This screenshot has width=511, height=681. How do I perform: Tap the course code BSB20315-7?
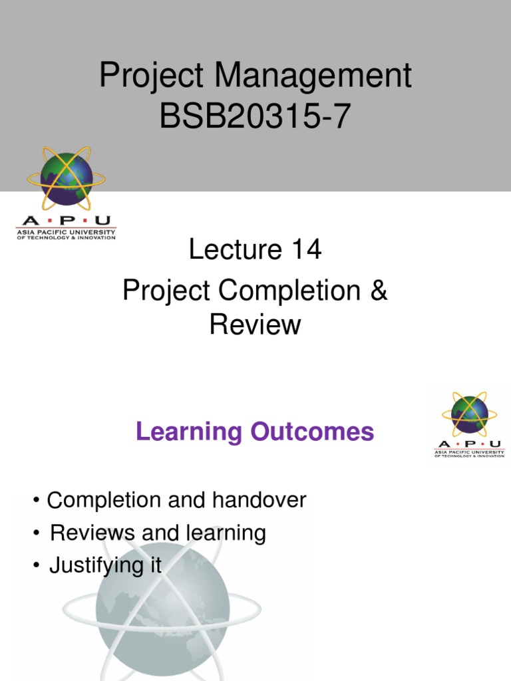pyautogui.click(x=254, y=120)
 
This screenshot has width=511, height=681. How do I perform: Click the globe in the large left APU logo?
pyautogui.click(x=66, y=178)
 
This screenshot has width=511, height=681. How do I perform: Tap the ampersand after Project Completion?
pyautogui.click(x=379, y=292)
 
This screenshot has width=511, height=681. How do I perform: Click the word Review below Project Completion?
pyautogui.click(x=255, y=325)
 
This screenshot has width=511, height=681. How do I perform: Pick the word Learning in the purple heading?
pyautogui.click(x=188, y=432)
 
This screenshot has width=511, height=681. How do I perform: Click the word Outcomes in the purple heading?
pyautogui.click(x=313, y=432)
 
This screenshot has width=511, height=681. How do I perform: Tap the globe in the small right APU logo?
pyautogui.click(x=469, y=414)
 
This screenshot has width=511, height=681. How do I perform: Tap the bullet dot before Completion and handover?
pyautogui.click(x=35, y=501)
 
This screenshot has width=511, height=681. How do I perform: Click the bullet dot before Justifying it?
pyautogui.click(x=35, y=567)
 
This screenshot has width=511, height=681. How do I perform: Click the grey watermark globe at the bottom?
pyautogui.click(x=162, y=612)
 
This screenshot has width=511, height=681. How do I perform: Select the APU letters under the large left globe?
pyautogui.click(x=66, y=221)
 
